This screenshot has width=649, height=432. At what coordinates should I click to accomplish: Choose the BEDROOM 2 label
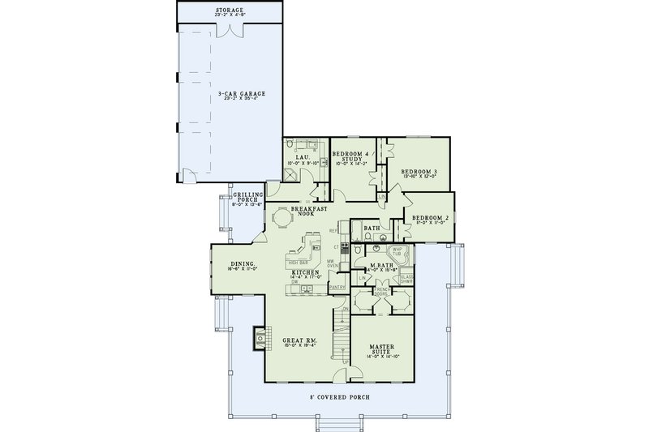pyautogui.click(x=428, y=219)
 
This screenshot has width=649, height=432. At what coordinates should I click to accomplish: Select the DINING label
pyautogui.click(x=243, y=265)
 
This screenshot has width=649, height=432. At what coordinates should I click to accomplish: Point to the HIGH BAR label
pyautogui.click(x=298, y=263)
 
